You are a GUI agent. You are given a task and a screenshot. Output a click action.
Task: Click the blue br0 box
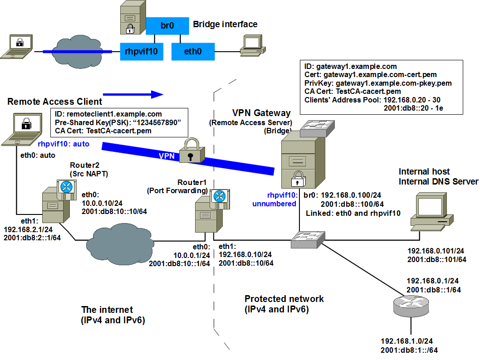click(x=167, y=26)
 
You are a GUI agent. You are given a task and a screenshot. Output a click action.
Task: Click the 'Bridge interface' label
click(x=225, y=24)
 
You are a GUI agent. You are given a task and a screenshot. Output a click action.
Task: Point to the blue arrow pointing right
click(x=132, y=94)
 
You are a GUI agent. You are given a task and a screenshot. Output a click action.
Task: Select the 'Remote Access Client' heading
click(x=55, y=102)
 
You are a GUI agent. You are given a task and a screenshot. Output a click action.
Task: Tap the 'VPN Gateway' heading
click(x=261, y=113)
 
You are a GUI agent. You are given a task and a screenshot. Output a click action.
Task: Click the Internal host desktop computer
click(x=432, y=209)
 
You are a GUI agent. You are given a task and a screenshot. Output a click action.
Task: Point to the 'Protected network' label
click(x=284, y=299)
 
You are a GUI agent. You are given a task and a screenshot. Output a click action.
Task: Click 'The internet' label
click(x=107, y=310)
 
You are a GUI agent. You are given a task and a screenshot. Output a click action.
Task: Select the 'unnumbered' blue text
click(x=274, y=204)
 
